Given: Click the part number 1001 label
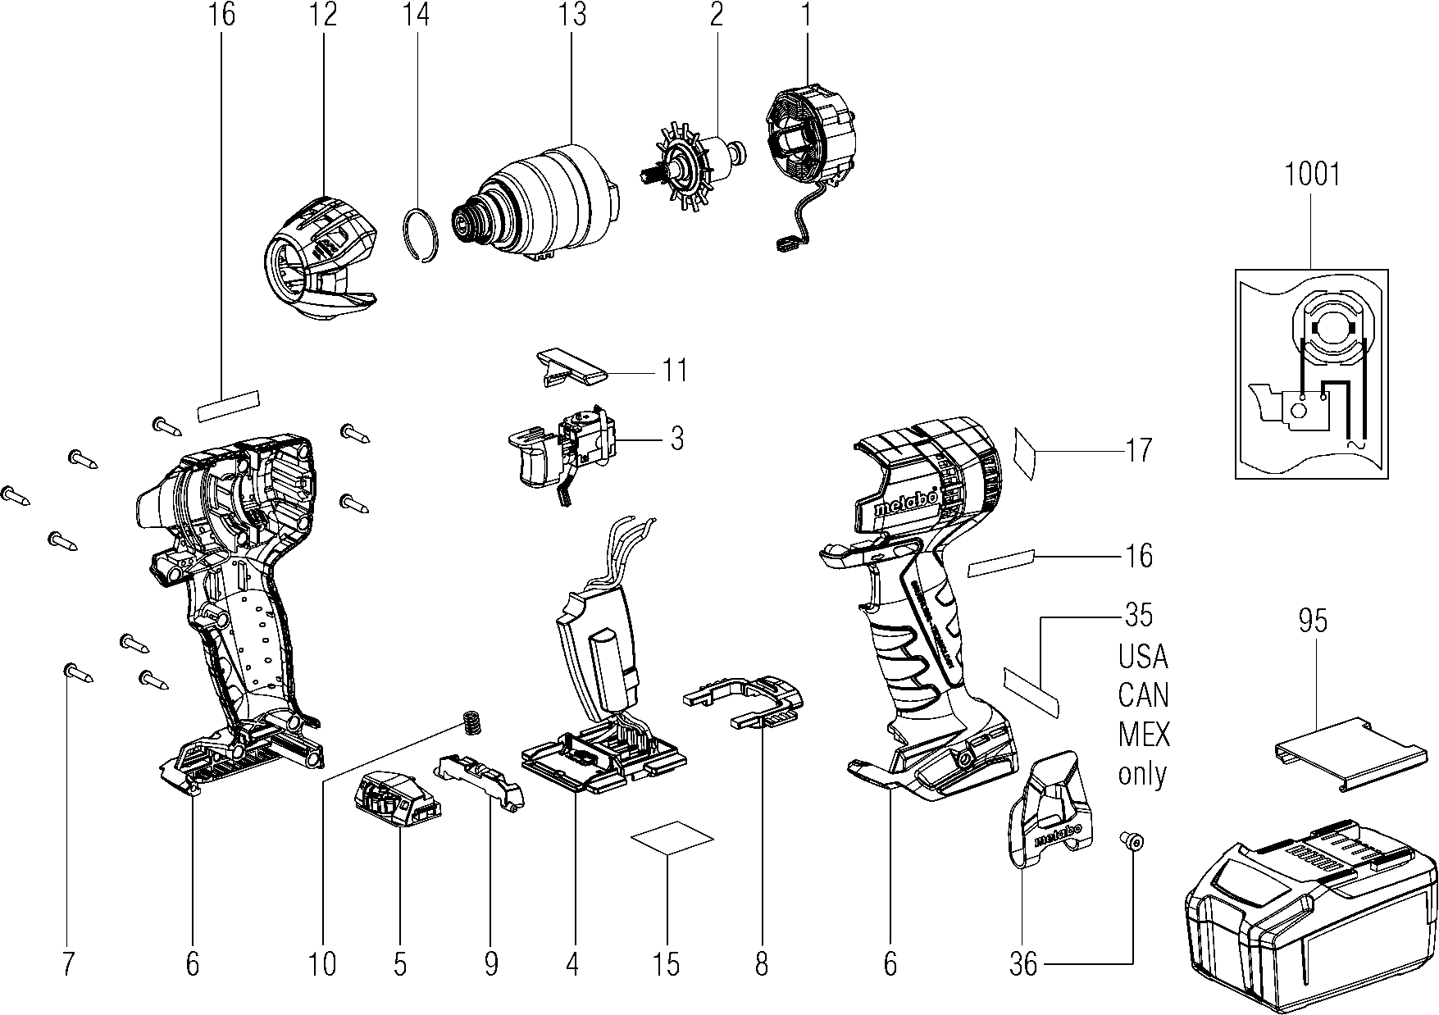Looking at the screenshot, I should coord(1312,175).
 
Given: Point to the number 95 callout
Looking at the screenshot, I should coord(1313,621).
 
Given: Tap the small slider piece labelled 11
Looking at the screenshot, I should coord(569,366).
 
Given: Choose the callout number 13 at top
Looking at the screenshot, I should coord(573,15).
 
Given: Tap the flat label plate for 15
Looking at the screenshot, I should coord(672,838).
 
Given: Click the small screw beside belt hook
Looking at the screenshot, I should coord(1132,840).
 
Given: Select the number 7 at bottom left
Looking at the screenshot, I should coord(67,964).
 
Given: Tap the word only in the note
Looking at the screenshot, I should coord(1143,772).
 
